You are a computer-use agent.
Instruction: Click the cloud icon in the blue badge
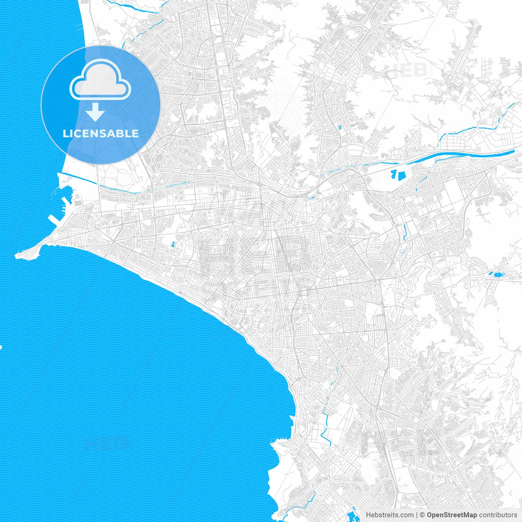(x=100, y=80)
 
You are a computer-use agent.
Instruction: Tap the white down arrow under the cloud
(x=95, y=112)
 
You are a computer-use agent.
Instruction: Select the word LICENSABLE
(x=101, y=133)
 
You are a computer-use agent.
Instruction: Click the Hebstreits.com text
(x=389, y=515)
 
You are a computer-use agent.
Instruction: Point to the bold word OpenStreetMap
(x=452, y=515)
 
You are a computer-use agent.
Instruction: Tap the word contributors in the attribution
(x=498, y=515)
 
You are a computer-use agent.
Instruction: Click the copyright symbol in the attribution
(x=422, y=515)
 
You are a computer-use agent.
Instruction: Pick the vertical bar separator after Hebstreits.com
(x=417, y=515)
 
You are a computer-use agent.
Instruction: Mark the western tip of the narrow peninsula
(x=17, y=256)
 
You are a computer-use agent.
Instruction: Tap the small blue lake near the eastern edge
(x=498, y=274)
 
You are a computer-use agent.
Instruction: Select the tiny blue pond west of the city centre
(x=173, y=245)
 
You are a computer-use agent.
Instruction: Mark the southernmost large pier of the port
(x=53, y=220)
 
